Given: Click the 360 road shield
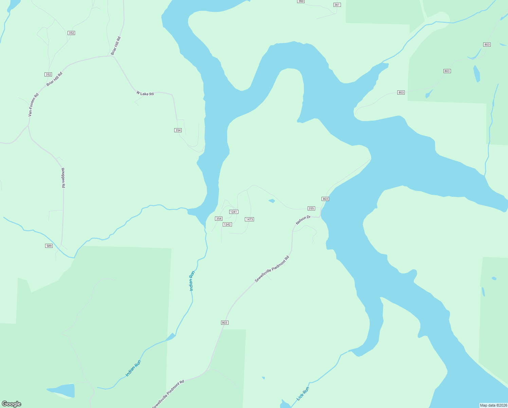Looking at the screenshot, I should click(301, 1).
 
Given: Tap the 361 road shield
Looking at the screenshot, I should click(337, 5).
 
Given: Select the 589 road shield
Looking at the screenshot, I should click(49, 246).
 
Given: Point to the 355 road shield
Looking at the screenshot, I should click(311, 208).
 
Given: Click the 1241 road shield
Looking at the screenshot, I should click(234, 212).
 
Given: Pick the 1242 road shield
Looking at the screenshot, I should click(227, 224).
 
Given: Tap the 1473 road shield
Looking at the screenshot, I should click(249, 219).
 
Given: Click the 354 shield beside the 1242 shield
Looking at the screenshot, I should click(219, 219).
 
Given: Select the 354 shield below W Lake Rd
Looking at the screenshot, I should click(178, 130).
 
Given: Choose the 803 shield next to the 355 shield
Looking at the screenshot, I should click(325, 199).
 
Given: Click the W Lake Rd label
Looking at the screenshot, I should click(145, 93).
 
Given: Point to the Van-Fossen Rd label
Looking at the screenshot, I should click(33, 105).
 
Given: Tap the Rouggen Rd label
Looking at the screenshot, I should click(63, 178).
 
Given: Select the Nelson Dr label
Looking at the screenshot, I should click(303, 220).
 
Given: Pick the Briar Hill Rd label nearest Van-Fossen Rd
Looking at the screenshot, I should click(55, 79).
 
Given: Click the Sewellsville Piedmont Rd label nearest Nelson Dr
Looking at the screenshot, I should click(272, 269).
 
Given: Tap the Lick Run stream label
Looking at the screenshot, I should click(303, 393).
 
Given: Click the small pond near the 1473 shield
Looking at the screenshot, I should click(272, 201).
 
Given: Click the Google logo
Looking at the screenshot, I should click(12, 404).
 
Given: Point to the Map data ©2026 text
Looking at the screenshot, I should click(493, 405).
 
